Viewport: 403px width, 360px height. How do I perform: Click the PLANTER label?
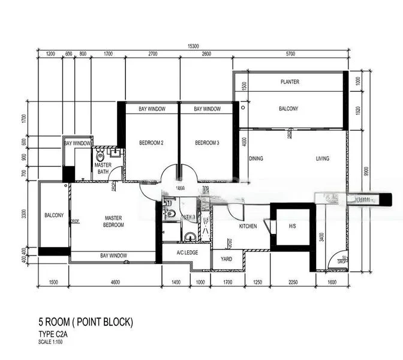290,82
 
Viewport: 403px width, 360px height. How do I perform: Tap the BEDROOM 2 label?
152,143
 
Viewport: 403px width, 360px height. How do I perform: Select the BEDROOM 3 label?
207,143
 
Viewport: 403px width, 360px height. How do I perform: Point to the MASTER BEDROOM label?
113,221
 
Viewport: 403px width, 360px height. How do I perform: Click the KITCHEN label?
248,226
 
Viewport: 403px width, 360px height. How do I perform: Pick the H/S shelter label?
292,226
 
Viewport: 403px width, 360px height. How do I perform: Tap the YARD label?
227,260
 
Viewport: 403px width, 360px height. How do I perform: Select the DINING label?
256,159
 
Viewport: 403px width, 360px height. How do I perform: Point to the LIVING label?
324,159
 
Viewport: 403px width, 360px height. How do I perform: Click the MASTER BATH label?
103,169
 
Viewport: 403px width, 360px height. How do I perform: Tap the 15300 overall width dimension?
192,46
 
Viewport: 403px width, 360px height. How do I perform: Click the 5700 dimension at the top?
290,54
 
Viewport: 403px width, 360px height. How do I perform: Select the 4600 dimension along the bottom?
114,281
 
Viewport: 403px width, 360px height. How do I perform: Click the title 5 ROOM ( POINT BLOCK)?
85,323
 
